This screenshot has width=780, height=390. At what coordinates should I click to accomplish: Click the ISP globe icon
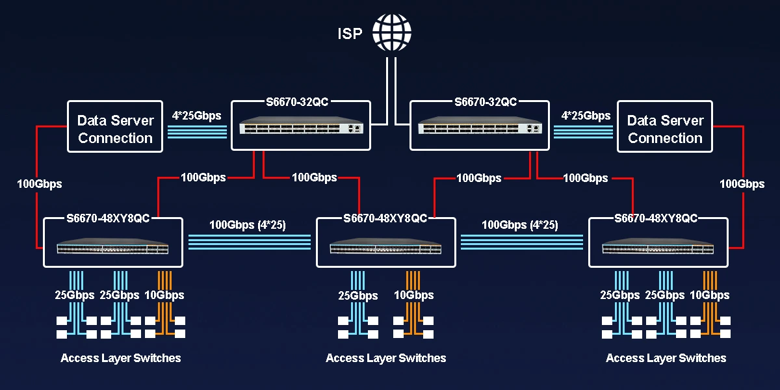pos(392,32)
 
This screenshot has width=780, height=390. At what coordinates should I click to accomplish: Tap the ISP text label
pos(350,34)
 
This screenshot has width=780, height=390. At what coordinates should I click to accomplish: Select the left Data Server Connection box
pos(115,128)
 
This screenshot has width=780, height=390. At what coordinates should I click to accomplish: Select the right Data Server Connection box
pos(665,128)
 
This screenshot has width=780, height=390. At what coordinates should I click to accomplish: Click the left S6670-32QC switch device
pos(300,128)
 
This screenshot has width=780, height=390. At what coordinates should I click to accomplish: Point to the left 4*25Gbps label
pos(197,116)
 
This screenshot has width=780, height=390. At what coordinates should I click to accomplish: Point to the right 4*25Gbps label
pos(586,116)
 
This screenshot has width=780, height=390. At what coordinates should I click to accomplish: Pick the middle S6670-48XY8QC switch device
pos(385,248)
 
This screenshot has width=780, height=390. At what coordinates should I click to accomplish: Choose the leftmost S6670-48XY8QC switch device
pos(112,248)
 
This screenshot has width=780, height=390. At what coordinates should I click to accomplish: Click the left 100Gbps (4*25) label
pos(248,225)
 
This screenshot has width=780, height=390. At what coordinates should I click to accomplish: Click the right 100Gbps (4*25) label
pos(520,225)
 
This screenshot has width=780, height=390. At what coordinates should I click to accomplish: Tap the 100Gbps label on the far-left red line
pos(40,184)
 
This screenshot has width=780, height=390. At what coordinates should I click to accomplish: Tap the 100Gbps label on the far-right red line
pos(742,184)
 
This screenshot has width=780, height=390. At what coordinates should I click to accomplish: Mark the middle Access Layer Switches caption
pos(385,358)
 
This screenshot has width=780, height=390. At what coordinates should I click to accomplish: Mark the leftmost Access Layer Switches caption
pos(121,358)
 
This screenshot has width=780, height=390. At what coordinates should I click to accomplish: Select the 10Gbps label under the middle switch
pos(414,296)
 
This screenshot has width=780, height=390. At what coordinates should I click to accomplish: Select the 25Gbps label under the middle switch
pos(358,296)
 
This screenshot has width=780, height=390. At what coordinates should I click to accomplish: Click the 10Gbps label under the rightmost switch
pos(710,295)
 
